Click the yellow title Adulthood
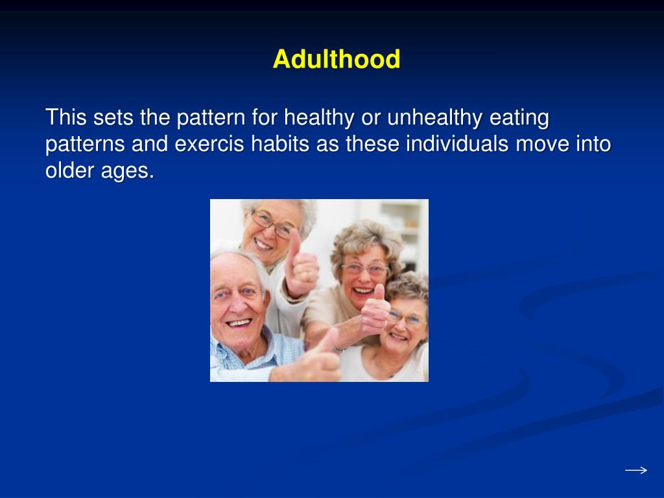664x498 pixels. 336,60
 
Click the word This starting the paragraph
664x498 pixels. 67,119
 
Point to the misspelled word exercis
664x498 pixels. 209,144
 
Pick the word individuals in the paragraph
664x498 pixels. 457,144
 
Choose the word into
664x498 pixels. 593,144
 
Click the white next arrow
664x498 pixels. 635,470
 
